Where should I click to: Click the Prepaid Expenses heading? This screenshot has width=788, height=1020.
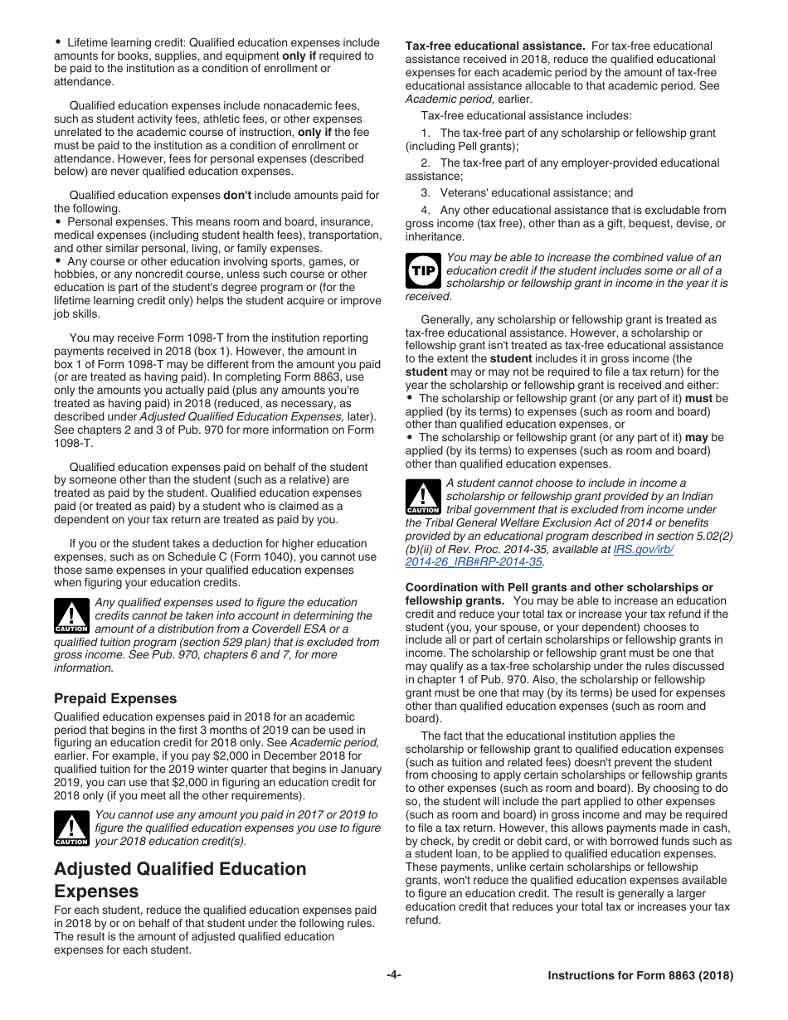click(x=115, y=698)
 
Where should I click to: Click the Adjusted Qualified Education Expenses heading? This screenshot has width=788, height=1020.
click(x=180, y=880)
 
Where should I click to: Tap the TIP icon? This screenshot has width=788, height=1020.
click(x=423, y=270)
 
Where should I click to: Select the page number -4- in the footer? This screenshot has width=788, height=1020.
click(x=394, y=975)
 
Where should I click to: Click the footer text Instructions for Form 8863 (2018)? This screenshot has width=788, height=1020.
click(x=640, y=976)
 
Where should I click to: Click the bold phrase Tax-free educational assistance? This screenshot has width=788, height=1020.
click(x=495, y=46)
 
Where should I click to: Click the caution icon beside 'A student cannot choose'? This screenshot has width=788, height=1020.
click(x=423, y=496)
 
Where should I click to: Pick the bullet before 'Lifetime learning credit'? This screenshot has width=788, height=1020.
click(x=58, y=42)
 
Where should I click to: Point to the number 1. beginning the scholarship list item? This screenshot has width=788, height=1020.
click(x=426, y=133)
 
